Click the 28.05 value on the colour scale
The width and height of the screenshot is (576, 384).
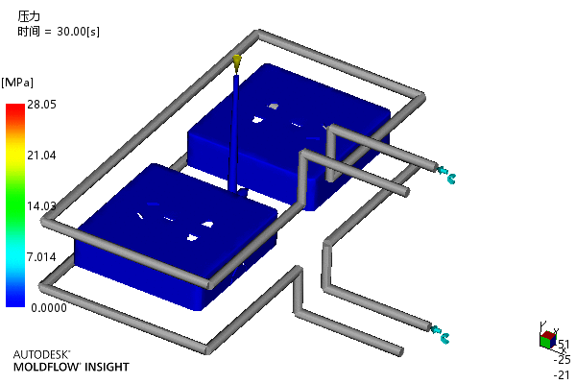[42, 105]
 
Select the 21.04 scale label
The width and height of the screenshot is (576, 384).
[41, 156]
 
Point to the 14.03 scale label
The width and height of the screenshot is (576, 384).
[41, 206]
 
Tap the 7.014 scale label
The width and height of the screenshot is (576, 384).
[41, 257]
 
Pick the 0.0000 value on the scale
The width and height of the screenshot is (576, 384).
[49, 308]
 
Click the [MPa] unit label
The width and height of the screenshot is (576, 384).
[17, 83]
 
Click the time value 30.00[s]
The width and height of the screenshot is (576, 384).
[79, 32]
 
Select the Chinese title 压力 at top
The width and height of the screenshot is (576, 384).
[29, 16]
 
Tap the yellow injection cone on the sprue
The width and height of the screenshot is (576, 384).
[237, 62]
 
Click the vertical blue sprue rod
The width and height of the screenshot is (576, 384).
[234, 132]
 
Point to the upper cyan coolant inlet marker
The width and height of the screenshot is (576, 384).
[446, 175]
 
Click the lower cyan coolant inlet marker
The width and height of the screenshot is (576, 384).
[440, 334]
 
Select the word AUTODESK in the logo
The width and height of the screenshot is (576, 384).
[40, 354]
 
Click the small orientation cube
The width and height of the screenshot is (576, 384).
[548, 339]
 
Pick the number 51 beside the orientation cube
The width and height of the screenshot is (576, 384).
[564, 345]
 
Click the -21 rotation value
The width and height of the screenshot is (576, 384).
[562, 374]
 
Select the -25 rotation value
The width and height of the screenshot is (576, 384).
[562, 359]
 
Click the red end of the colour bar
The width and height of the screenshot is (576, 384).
[15, 108]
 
